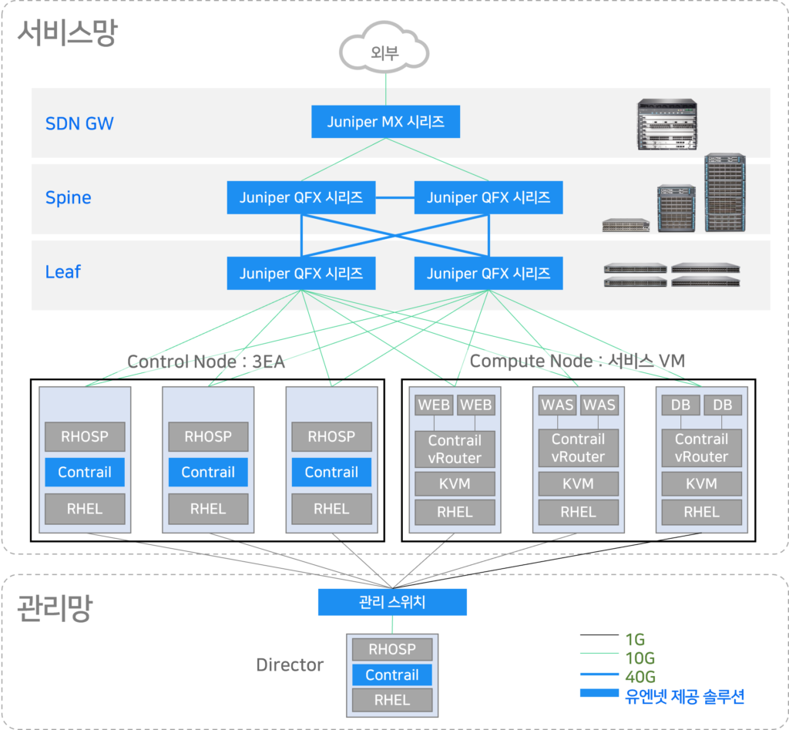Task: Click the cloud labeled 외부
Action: point(384,52)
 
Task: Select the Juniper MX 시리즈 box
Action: point(385,122)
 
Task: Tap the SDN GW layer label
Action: point(79,123)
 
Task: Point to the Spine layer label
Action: point(68,197)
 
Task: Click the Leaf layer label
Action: point(62,272)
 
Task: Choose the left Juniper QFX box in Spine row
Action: point(300,198)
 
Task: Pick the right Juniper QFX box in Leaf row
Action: point(489,274)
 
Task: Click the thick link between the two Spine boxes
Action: point(394,198)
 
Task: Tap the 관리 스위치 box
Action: point(392,602)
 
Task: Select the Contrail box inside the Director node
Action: point(392,675)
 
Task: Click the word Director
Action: point(290,664)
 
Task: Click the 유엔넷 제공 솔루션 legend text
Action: point(684,695)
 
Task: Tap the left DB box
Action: point(680,405)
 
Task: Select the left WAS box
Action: point(556,405)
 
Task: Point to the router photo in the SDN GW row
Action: point(667,125)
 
